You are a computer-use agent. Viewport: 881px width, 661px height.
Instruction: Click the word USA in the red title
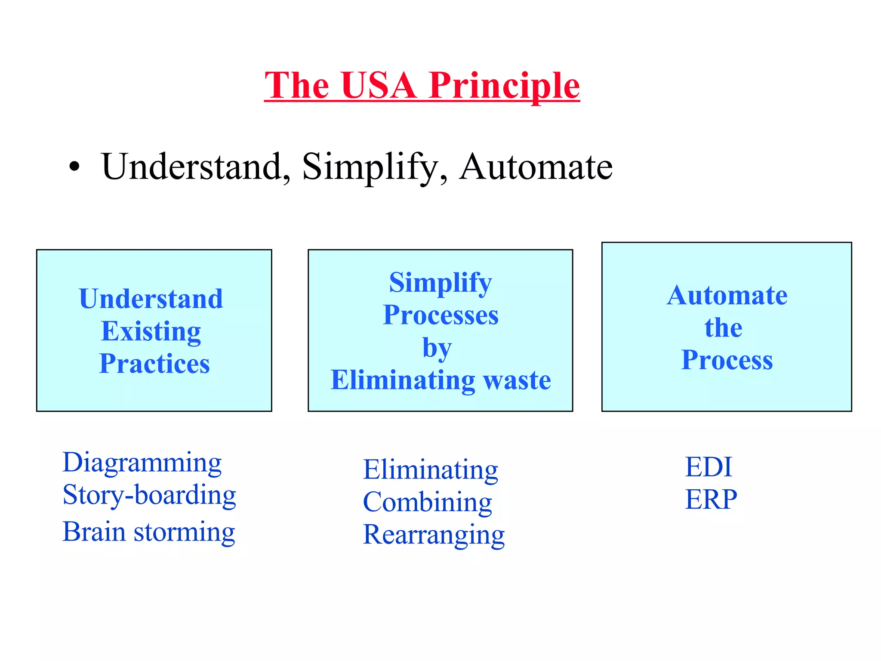(379, 85)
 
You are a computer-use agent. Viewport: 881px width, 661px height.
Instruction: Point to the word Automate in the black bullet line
(536, 167)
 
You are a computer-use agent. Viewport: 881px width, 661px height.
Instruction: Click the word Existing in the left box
(151, 331)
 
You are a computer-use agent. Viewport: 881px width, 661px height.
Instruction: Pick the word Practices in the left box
(154, 364)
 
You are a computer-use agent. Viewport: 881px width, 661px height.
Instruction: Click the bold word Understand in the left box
(151, 299)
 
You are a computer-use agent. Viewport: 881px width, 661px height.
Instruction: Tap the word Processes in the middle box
(440, 315)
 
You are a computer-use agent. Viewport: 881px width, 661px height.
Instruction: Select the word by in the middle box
(437, 348)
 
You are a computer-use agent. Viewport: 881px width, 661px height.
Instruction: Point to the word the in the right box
(723, 328)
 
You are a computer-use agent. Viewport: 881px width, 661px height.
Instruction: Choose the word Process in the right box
(727, 360)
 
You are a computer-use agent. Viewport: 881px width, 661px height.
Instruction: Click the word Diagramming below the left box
(142, 463)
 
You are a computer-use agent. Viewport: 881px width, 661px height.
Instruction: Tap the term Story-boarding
(149, 495)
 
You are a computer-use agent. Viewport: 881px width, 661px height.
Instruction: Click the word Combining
(427, 502)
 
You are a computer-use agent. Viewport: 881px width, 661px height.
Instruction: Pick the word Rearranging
(434, 535)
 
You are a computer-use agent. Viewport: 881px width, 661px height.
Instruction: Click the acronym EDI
(708, 467)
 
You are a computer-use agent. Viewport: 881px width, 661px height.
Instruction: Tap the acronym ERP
(711, 499)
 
